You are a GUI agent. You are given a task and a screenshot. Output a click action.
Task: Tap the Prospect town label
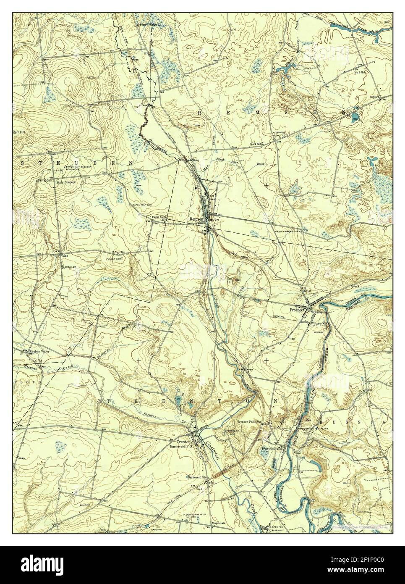click(297, 310)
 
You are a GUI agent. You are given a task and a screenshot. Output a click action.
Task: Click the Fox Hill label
click(230, 280)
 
